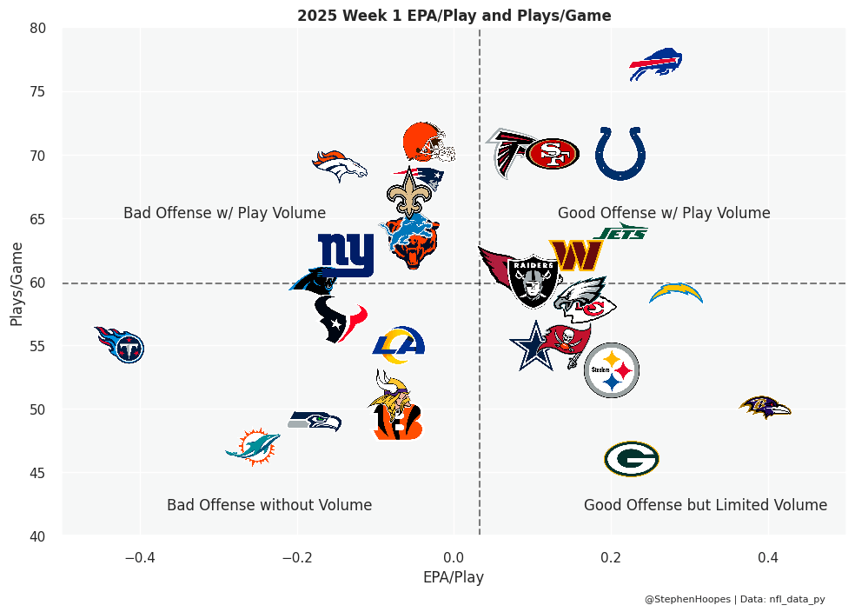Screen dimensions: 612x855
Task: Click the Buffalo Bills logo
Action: [x=655, y=65]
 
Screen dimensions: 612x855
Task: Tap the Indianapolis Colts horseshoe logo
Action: [x=620, y=153]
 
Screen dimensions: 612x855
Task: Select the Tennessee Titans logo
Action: [x=120, y=344]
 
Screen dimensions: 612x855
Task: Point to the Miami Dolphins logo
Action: [x=253, y=447]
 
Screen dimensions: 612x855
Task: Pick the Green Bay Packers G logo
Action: [x=632, y=459]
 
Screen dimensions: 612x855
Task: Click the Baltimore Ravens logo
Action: [x=765, y=406]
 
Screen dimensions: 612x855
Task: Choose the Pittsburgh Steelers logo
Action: [x=612, y=370]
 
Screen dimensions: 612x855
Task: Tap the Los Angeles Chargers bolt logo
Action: [x=676, y=294]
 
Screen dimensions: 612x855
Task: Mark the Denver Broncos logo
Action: [x=340, y=165]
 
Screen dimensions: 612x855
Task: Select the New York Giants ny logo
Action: [x=346, y=254]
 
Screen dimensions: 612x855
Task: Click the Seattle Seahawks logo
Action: [x=315, y=421]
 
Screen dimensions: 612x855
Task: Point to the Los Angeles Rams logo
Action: [x=399, y=344]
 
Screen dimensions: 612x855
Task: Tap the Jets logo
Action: [x=621, y=232]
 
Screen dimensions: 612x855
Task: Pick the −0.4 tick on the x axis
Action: [x=140, y=556]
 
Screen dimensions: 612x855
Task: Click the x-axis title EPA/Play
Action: [x=454, y=577]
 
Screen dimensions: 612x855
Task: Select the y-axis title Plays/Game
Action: [x=17, y=283]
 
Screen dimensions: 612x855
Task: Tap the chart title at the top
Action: [x=454, y=16]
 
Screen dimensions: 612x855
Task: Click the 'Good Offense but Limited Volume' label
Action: [x=705, y=505]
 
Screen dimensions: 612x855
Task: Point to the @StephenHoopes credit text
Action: [x=687, y=599]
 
